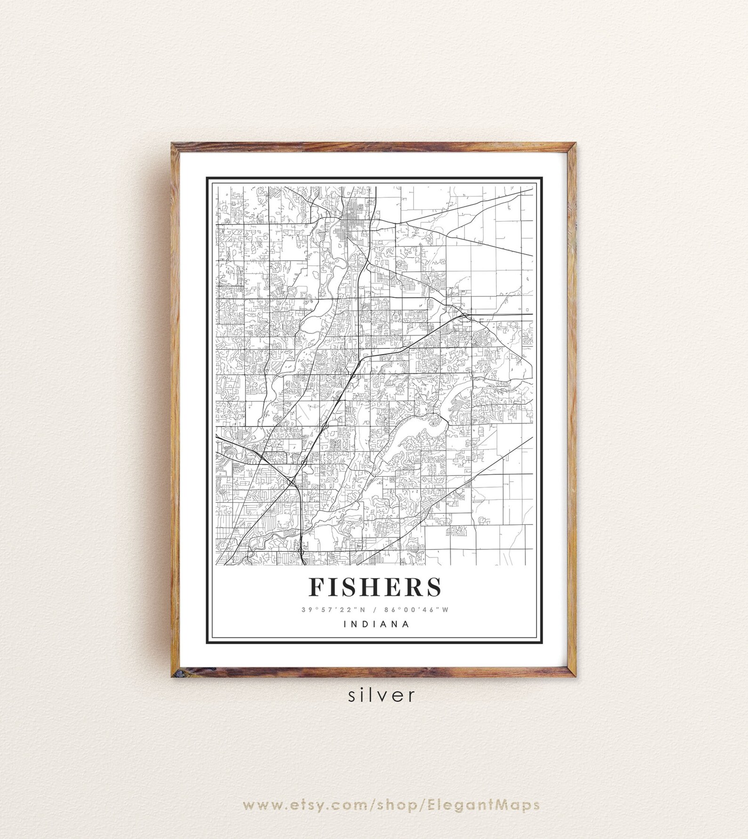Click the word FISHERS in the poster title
375,587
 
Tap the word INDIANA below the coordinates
376,625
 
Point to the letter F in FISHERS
317,587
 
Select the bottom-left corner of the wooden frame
172,662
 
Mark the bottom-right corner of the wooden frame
575,662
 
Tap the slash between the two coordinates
375,610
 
